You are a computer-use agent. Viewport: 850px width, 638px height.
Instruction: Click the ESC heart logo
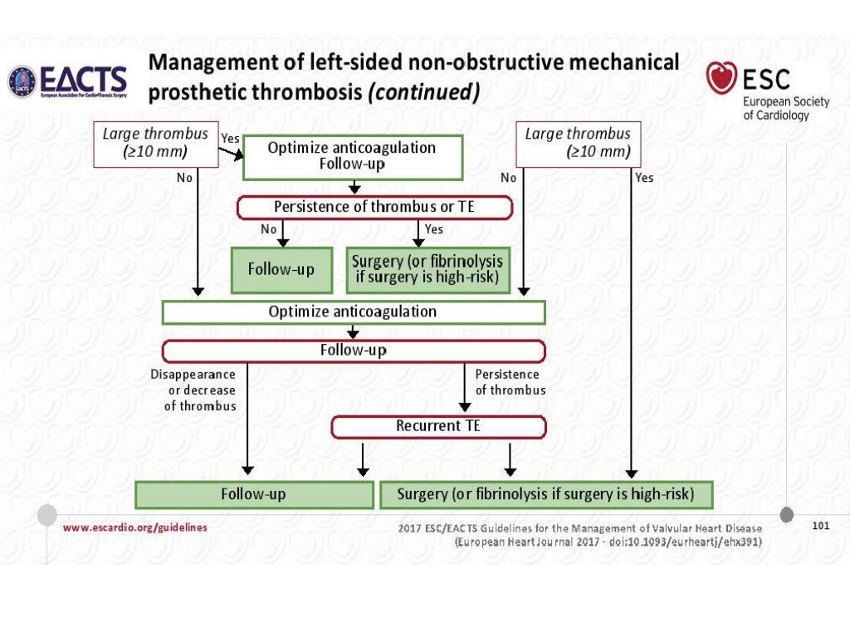coord(721,79)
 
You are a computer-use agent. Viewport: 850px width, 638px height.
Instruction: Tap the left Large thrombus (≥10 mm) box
coord(155,142)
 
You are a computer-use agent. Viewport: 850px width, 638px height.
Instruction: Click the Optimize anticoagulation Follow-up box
coord(352,155)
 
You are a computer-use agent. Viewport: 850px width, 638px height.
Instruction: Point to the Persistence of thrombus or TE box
coord(374,207)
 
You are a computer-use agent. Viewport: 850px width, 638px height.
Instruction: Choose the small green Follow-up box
coord(281,269)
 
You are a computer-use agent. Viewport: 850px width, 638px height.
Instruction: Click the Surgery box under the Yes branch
coord(427,269)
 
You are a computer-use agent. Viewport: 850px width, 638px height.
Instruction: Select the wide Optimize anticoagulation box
coord(353,312)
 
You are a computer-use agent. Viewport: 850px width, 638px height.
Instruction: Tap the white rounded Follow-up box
coord(353,351)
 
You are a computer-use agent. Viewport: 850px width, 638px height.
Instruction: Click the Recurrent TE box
coord(438,426)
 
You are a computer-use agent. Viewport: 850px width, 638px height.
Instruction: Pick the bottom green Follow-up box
coord(253,494)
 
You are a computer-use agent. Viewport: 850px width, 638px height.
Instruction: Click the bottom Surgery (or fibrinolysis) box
coord(546,494)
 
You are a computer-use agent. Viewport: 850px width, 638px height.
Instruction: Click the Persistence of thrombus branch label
coord(510,382)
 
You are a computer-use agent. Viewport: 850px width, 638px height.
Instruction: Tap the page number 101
coord(820,526)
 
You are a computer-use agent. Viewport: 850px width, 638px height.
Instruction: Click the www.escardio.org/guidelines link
coord(135,528)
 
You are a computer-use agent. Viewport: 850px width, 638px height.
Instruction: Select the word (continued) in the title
coord(423,91)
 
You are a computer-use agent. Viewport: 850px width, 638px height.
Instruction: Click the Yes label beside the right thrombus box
coord(644,178)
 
